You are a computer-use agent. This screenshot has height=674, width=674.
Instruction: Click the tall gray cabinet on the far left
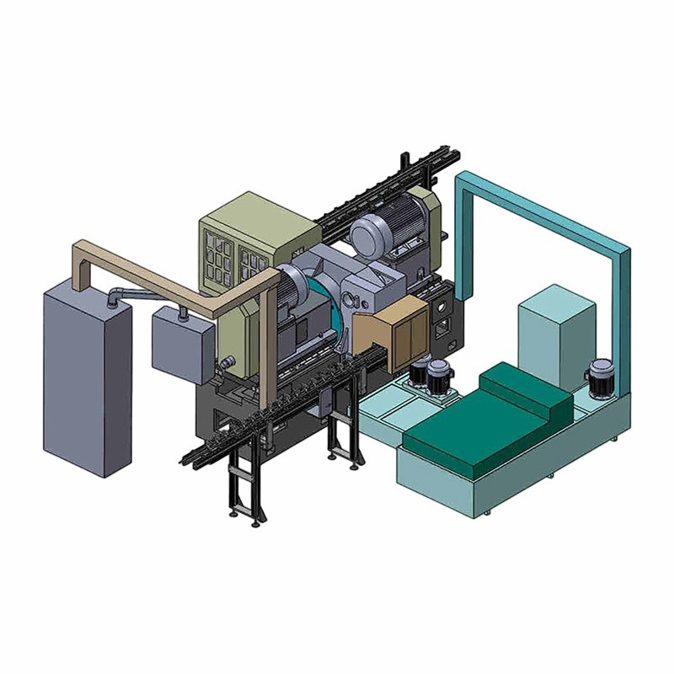pyautogui.click(x=84, y=379)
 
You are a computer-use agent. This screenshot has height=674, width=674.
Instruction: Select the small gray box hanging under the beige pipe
pyautogui.click(x=179, y=344)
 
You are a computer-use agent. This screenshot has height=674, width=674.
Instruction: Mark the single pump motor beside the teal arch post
pyautogui.click(x=600, y=377)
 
